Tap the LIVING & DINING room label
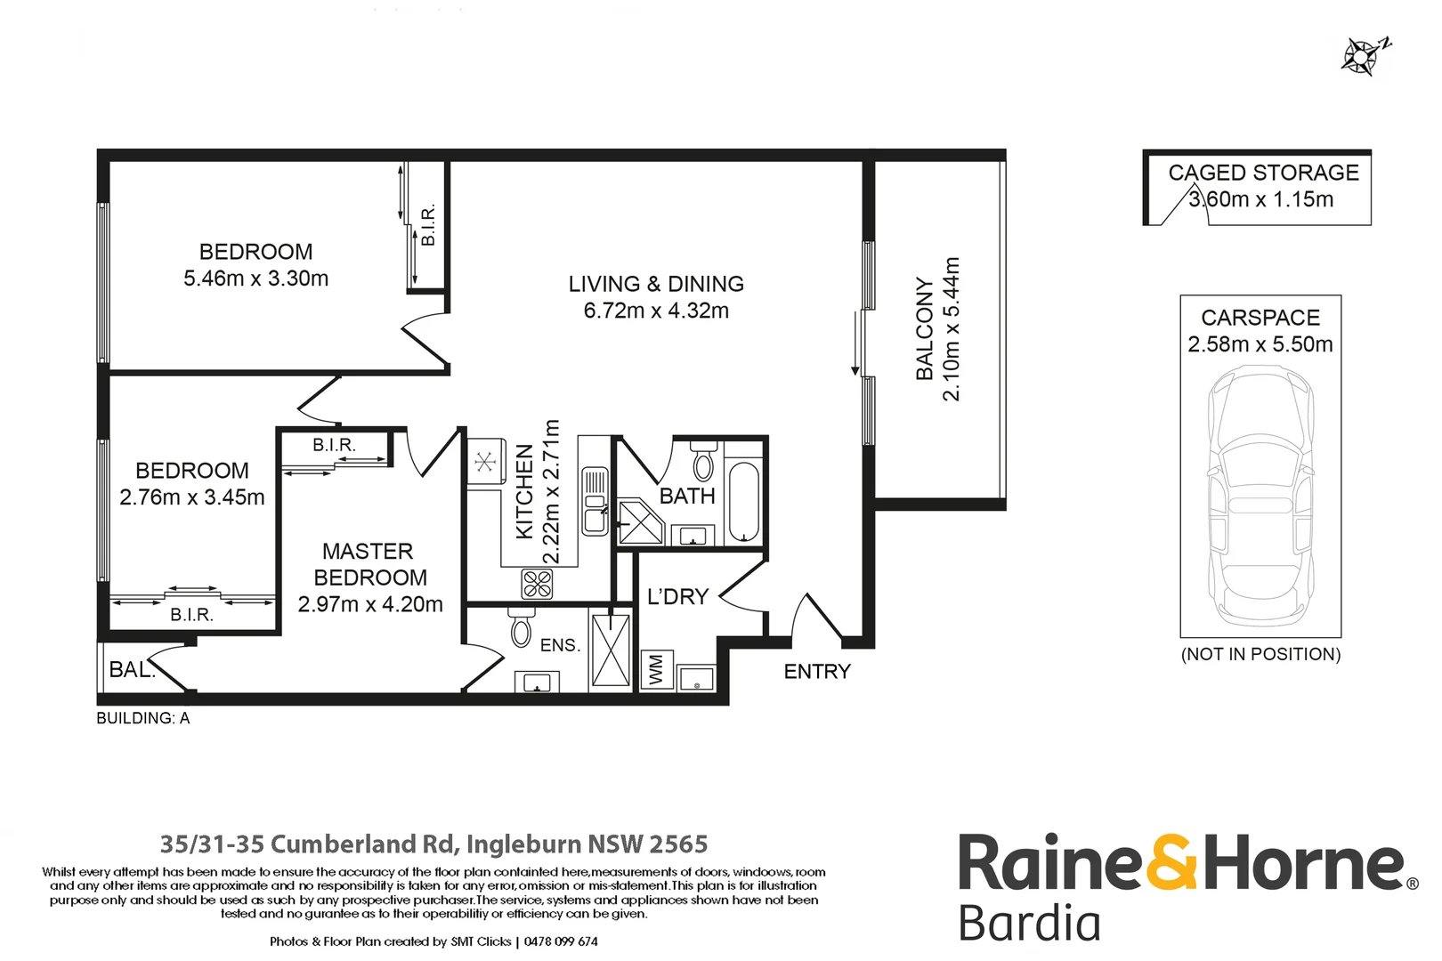(656, 284)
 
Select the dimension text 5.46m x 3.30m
(255, 279)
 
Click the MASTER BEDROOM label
(369, 564)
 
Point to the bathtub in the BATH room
(743, 501)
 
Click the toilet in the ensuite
(521, 628)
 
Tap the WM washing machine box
(656, 670)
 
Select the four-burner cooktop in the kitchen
(538, 584)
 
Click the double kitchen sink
(595, 501)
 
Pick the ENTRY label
(817, 672)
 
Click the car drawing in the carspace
(1260, 494)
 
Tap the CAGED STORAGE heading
(1263, 173)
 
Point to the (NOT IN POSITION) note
(1260, 654)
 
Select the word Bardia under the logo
(1029, 923)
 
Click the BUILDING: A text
(143, 718)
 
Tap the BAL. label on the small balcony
(131, 670)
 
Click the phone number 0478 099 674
(561, 941)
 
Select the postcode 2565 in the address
(678, 844)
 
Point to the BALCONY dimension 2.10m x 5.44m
(952, 329)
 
